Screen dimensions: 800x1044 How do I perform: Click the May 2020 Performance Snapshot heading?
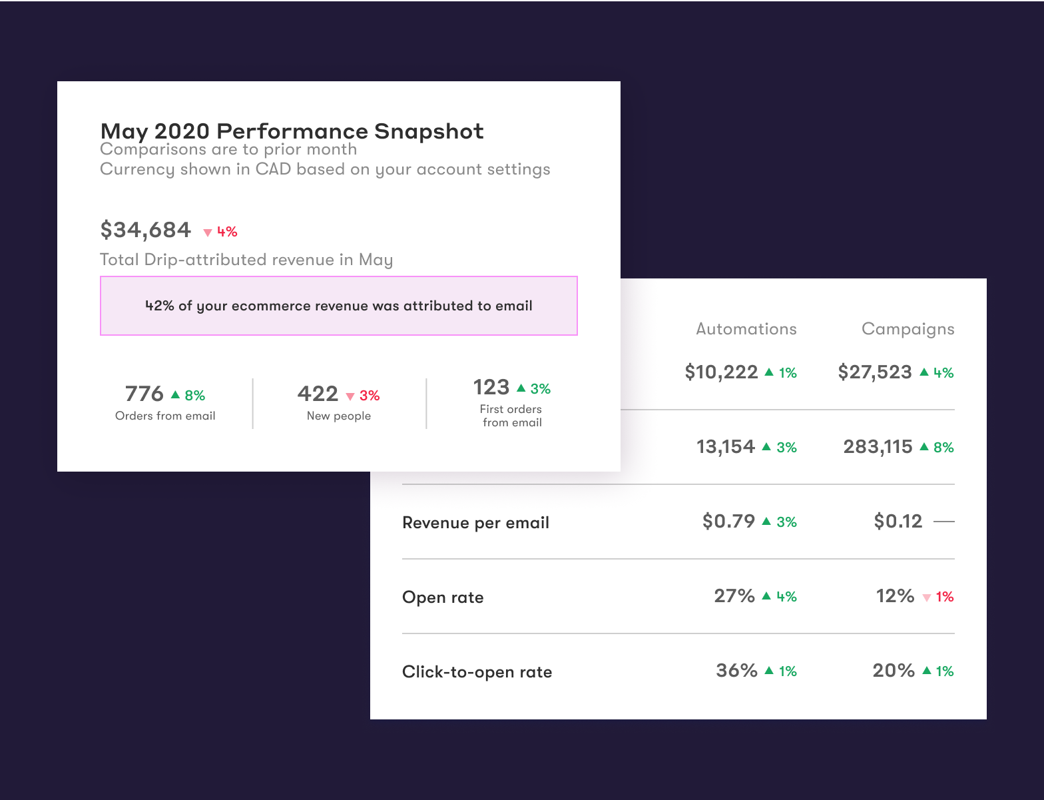point(292,131)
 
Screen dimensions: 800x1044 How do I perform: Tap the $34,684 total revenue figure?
point(146,230)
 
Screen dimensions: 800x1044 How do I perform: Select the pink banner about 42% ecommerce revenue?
point(338,306)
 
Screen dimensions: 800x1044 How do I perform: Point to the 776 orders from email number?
point(144,394)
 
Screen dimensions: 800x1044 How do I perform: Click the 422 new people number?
point(318,394)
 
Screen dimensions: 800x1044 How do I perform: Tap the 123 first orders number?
point(491,387)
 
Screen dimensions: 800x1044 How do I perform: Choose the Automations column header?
point(746,328)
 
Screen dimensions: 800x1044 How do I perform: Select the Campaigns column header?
point(908,328)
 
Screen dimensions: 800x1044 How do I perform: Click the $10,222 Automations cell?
point(721,372)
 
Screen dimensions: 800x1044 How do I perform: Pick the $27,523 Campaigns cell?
point(874,372)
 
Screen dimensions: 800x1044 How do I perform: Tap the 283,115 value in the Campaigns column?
point(878,446)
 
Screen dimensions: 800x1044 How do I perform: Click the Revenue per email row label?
point(475,523)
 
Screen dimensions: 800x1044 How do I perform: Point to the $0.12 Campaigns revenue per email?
point(898,521)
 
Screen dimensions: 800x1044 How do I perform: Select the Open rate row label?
point(443,598)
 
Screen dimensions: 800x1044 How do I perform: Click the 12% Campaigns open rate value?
point(895,596)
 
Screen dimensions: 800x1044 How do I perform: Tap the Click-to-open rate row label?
point(477,672)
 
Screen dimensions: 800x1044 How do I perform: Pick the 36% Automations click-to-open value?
point(736,670)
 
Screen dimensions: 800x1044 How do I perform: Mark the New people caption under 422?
point(338,416)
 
